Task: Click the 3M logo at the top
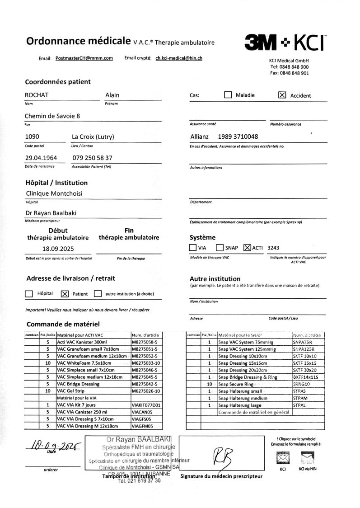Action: coord(261,43)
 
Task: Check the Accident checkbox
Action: coord(282,95)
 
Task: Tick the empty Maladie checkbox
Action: coord(228,95)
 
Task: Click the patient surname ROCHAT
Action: coord(37,95)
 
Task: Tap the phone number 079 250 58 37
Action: coord(92,158)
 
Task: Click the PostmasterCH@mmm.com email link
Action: coord(84,58)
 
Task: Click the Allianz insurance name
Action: coord(199,136)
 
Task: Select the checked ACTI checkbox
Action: coord(247,248)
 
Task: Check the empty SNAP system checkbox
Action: coord(220,248)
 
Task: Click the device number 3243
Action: coord(273,248)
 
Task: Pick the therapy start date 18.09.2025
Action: coord(58,249)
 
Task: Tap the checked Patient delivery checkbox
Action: coord(64,294)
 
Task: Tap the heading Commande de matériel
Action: coord(63,324)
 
